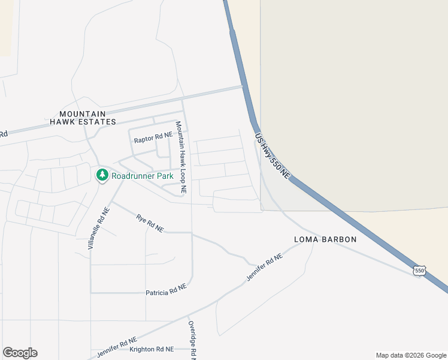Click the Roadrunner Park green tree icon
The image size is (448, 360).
pyautogui.click(x=102, y=175)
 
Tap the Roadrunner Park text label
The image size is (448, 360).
pyautogui.click(x=143, y=176)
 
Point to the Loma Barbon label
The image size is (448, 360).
pyautogui.click(x=325, y=239)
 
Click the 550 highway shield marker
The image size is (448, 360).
pyautogui.click(x=419, y=271)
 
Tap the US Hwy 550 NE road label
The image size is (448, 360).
pyautogui.click(x=273, y=155)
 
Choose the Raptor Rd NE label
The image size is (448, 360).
pyautogui.click(x=153, y=139)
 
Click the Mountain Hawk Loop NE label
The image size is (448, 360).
pyautogui.click(x=181, y=157)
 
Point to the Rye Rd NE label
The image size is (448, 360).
pyautogui.click(x=150, y=223)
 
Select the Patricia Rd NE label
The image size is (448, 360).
pyautogui.click(x=167, y=290)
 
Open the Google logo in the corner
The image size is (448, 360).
pyautogui.click(x=20, y=353)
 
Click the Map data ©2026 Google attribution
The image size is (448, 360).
pyautogui.click(x=411, y=355)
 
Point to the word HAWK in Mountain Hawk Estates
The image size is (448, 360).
pyautogui.click(x=66, y=122)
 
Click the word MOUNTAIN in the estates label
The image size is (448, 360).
pyautogui.click(x=83, y=113)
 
